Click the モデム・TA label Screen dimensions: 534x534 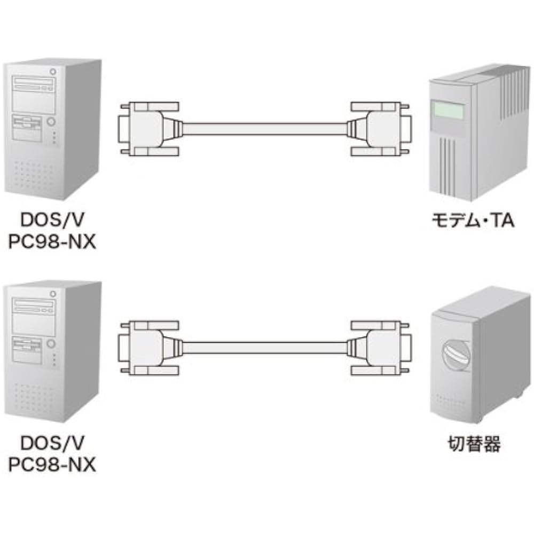click(x=473, y=221)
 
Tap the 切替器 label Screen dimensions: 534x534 click(x=474, y=444)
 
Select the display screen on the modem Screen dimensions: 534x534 click(x=447, y=109)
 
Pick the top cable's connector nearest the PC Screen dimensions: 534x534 click(x=147, y=128)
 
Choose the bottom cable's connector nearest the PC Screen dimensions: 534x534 click(x=147, y=348)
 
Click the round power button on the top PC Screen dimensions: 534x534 click(x=51, y=122)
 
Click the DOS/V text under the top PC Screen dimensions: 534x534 click(x=52, y=221)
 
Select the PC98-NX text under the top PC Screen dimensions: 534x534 click(x=52, y=242)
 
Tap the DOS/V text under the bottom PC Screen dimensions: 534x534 click(x=52, y=443)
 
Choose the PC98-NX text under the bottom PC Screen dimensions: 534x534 click(x=52, y=465)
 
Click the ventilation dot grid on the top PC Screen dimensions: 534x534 click(x=35, y=174)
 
